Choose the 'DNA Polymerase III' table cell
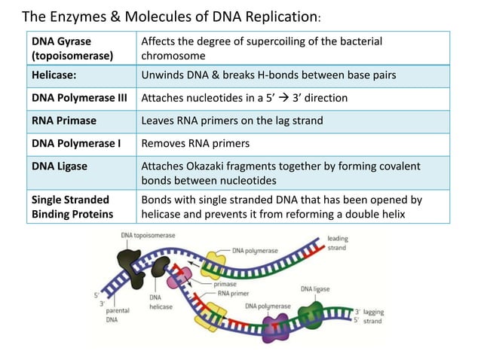pyautogui.click(x=79, y=98)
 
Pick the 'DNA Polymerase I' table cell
pyautogui.click(x=76, y=143)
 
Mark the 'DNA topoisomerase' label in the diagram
pyautogui.click(x=147, y=236)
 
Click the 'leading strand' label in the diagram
pyautogui.click(x=337, y=243)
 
